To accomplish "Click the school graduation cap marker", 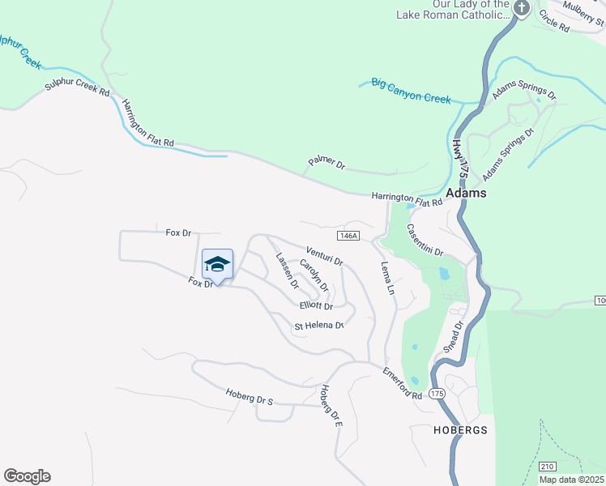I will (217, 264).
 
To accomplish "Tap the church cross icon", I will (522, 9).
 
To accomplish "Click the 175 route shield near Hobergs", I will (437, 393).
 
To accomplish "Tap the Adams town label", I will (466, 194).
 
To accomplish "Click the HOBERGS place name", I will (459, 430).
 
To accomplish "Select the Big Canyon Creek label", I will (411, 90).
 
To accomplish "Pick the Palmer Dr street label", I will (326, 164).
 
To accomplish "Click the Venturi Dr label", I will (324, 256).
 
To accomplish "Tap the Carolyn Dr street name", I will (314, 275).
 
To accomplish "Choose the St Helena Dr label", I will (319, 326).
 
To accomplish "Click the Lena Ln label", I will (387, 277).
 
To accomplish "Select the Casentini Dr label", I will (425, 241).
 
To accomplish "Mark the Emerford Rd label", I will (403, 383).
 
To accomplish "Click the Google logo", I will (27, 476).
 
